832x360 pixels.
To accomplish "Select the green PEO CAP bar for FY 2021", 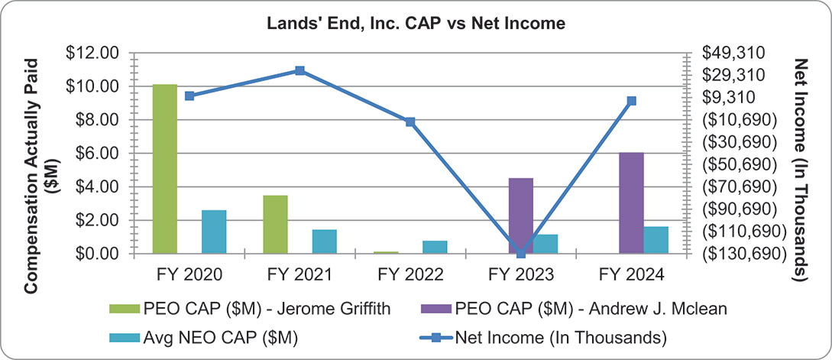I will pos(275,224).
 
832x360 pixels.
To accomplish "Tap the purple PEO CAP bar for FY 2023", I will pos(520,215).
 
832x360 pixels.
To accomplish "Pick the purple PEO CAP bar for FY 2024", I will pos(631,203).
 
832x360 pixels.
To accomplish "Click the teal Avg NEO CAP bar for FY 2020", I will pos(214,231).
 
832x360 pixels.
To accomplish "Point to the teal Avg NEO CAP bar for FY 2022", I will pos(435,246).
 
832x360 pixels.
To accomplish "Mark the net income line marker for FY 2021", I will pos(300,70).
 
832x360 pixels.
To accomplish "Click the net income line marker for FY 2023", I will pos(521,253).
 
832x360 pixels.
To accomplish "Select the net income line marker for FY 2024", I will pos(631,101).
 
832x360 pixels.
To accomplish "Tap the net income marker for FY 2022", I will pos(410,122).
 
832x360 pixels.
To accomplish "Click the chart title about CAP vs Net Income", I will pos(416,24).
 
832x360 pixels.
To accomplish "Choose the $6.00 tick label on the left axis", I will pos(96,153).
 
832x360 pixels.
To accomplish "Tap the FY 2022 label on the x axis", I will pos(410,274).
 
